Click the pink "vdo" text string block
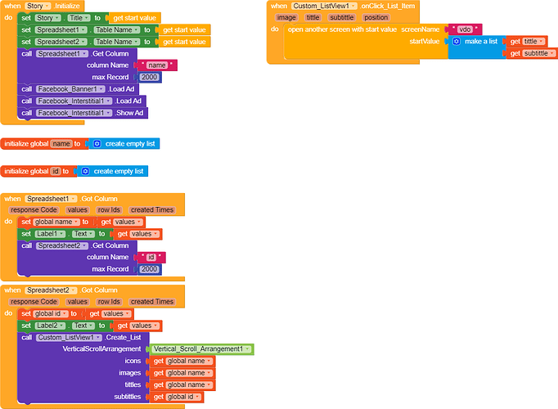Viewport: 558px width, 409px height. tap(465, 29)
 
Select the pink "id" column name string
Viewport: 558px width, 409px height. tap(151, 257)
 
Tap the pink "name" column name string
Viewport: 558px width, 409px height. tap(157, 65)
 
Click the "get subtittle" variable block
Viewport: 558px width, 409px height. tap(531, 53)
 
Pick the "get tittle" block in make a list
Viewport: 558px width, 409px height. tap(527, 42)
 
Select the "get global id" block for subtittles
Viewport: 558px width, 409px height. tap(177, 397)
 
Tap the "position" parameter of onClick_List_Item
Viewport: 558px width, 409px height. tap(376, 17)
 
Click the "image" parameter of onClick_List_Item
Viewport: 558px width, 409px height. tap(286, 17)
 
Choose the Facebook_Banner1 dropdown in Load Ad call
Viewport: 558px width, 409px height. tap(71, 89)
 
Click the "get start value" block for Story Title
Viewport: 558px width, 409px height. tap(134, 18)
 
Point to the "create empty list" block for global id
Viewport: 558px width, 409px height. tap(113, 172)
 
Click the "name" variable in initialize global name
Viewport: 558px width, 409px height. tap(61, 144)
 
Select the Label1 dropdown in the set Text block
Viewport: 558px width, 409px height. tap(50, 234)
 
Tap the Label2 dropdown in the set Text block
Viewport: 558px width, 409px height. tap(50, 326)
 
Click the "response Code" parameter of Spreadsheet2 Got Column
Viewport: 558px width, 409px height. tap(34, 302)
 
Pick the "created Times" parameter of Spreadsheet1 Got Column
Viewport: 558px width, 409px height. tap(152, 210)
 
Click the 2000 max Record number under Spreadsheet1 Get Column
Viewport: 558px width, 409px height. tap(149, 77)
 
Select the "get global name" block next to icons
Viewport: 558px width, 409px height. tap(182, 361)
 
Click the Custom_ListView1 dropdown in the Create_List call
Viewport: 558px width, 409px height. tap(69, 338)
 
